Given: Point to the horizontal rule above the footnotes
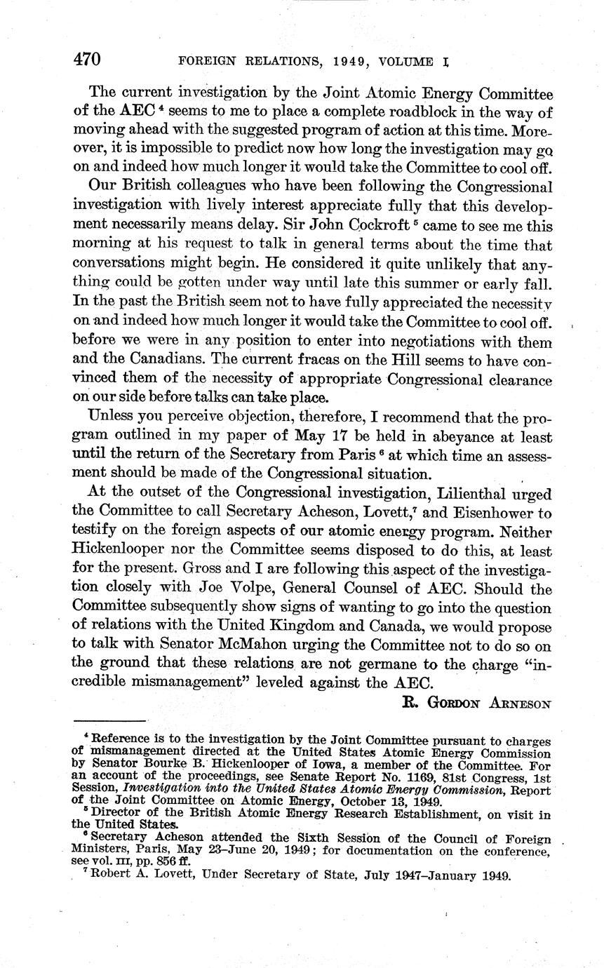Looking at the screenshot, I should (x=109, y=720).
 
